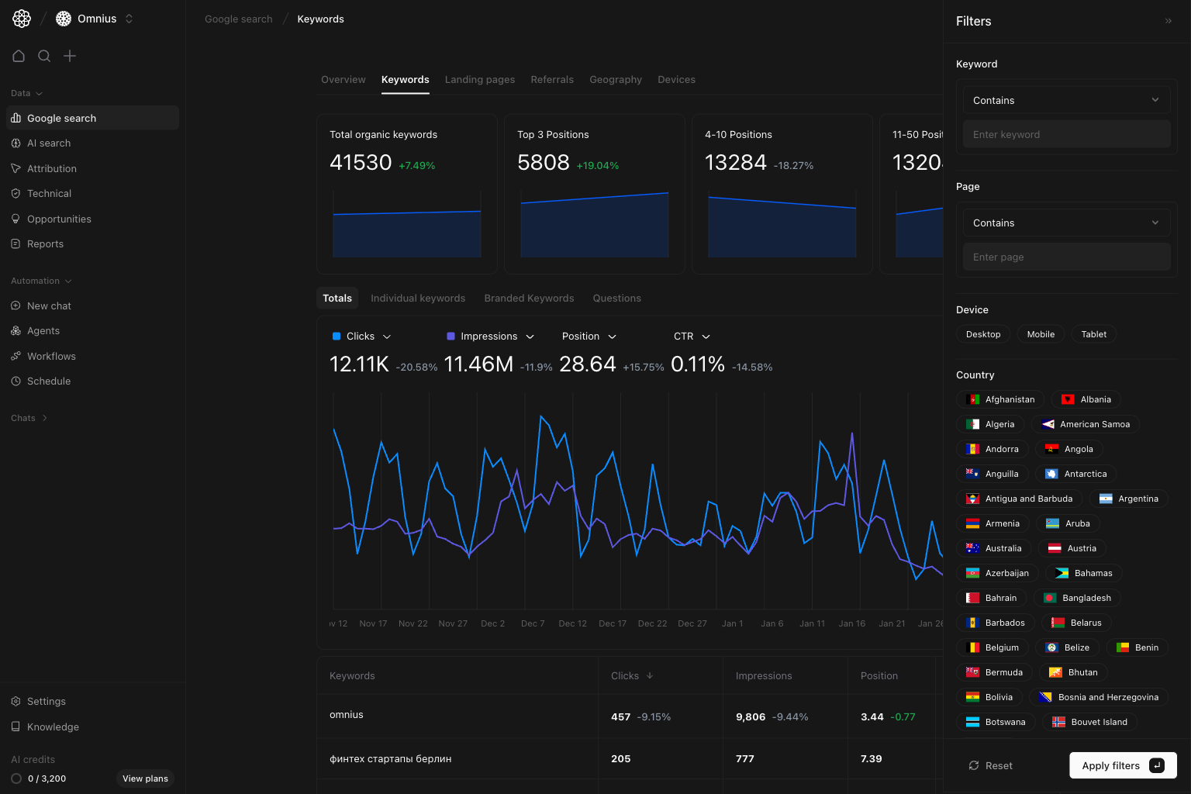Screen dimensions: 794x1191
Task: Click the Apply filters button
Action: pos(1122,765)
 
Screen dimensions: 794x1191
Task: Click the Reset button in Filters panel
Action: pos(990,765)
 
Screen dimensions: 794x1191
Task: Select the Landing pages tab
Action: pos(479,80)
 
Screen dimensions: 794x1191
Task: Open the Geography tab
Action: pos(615,80)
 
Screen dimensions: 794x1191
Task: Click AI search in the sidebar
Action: pos(49,143)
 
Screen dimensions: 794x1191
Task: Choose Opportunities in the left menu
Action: pos(59,219)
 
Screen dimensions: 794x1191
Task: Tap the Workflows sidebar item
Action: pos(51,357)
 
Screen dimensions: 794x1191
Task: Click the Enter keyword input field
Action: pos(1066,135)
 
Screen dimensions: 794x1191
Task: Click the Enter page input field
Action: pos(1066,257)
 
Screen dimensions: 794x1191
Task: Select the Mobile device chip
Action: pos(1041,334)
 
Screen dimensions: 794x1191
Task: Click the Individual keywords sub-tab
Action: pos(417,299)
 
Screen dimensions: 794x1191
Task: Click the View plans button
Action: pos(145,778)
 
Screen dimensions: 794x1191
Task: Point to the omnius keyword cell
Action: pos(347,715)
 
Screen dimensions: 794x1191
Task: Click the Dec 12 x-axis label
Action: pos(572,623)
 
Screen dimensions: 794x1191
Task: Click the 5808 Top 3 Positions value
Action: pos(543,163)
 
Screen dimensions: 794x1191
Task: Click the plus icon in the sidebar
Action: pos(70,56)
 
